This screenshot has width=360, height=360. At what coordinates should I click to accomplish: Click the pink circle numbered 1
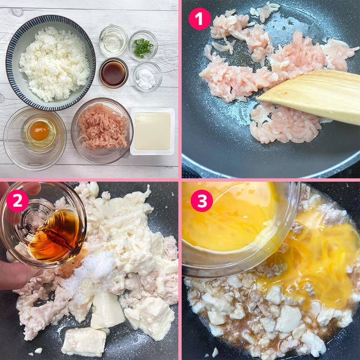click(200, 19)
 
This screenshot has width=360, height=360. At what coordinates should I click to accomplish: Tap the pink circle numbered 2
click(17, 201)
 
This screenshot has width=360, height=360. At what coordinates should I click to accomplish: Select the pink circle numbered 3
click(201, 201)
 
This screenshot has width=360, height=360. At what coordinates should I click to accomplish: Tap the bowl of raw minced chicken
click(102, 129)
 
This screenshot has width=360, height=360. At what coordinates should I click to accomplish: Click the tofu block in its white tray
click(152, 131)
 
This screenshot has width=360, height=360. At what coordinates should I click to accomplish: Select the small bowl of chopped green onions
click(143, 46)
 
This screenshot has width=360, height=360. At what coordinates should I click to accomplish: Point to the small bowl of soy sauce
click(113, 73)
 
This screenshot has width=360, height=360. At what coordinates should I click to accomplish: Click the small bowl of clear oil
click(113, 40)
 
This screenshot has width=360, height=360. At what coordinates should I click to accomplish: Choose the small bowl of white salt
click(147, 77)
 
